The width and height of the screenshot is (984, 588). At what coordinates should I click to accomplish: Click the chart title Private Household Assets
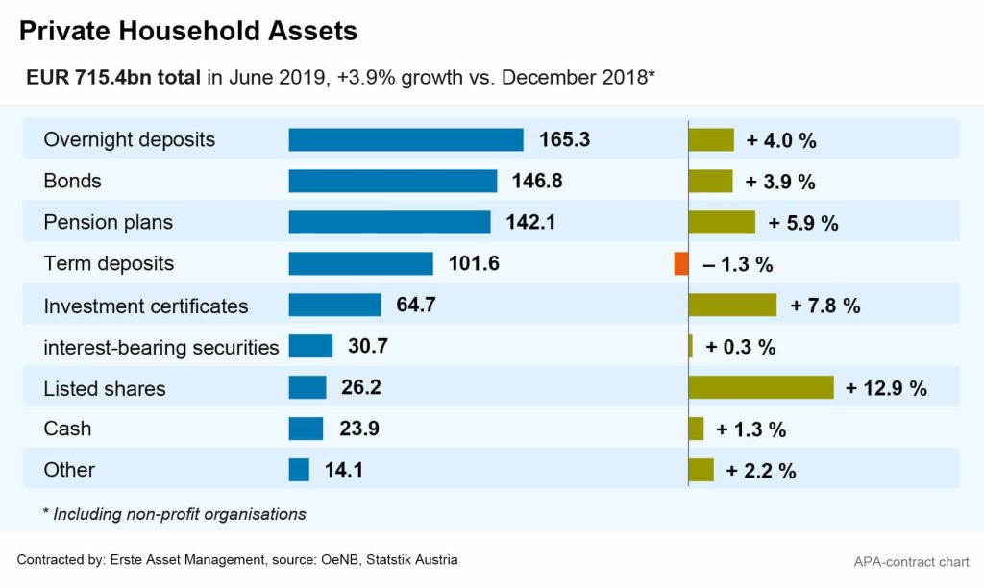(x=188, y=31)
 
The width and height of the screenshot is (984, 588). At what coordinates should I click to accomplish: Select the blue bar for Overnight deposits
(x=406, y=139)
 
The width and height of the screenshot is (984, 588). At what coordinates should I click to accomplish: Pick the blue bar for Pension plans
(x=389, y=222)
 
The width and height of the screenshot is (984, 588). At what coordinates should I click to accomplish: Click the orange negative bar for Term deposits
(x=681, y=263)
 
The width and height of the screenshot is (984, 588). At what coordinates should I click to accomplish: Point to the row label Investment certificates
(x=146, y=306)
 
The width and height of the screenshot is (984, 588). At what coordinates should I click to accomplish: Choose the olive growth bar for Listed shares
(x=761, y=387)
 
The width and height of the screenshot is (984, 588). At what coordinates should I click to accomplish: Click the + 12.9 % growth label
(x=886, y=388)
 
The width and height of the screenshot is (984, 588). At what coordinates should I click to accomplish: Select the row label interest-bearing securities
(x=161, y=347)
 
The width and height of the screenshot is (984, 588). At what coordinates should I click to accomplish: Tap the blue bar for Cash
(x=306, y=429)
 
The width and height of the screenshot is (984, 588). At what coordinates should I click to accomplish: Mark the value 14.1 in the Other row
(x=343, y=470)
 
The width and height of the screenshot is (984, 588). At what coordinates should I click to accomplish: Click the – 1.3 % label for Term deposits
(x=738, y=264)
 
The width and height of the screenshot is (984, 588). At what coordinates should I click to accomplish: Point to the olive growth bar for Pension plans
(x=722, y=222)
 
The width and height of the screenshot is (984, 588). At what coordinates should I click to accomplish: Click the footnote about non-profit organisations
(x=175, y=514)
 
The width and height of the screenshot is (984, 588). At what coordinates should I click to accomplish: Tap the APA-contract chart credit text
(x=911, y=561)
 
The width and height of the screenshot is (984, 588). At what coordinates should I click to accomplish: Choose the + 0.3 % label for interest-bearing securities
(x=740, y=347)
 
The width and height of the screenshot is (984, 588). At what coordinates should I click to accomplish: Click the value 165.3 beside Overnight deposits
(x=564, y=139)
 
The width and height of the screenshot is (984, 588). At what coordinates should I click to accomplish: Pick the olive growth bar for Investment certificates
(x=732, y=305)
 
